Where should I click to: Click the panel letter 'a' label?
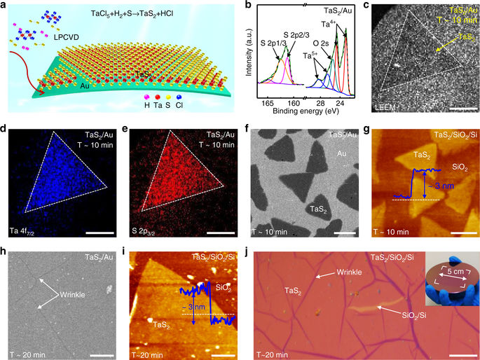(5, 6)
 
